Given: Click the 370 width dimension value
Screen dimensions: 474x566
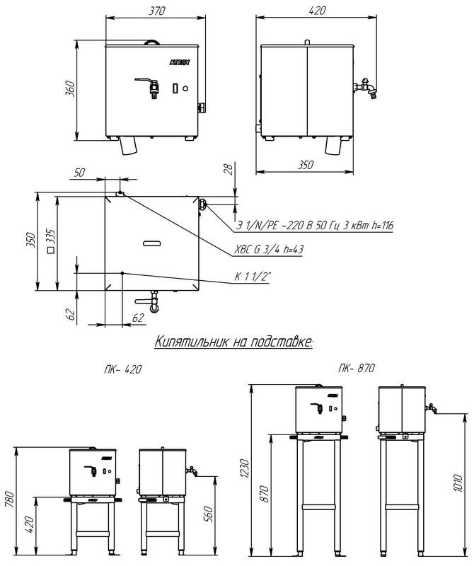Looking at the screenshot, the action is point(156,11).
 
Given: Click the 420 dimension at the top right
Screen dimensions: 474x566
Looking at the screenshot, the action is point(317,11).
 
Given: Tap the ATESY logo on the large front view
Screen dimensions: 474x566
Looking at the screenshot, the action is point(180,62).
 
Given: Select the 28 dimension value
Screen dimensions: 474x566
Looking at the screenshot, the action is point(228,168).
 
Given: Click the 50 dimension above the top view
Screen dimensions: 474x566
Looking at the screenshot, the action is point(79,173).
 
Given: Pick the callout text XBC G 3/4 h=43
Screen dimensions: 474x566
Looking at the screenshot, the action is point(269,250).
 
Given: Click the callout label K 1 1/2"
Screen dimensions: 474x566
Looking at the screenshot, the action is point(253,277).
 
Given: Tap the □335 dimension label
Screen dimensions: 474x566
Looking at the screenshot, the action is point(51,241).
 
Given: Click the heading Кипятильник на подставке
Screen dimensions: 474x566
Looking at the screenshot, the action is point(234,342).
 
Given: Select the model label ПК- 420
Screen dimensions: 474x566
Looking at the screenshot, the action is point(122,369).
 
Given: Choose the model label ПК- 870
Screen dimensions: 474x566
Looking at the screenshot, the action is point(357,368).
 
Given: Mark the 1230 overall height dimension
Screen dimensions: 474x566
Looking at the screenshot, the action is point(244,468).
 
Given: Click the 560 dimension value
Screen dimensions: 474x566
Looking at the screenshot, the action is point(208,514).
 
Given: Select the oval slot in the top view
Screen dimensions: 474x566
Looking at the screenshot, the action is point(152,243).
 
